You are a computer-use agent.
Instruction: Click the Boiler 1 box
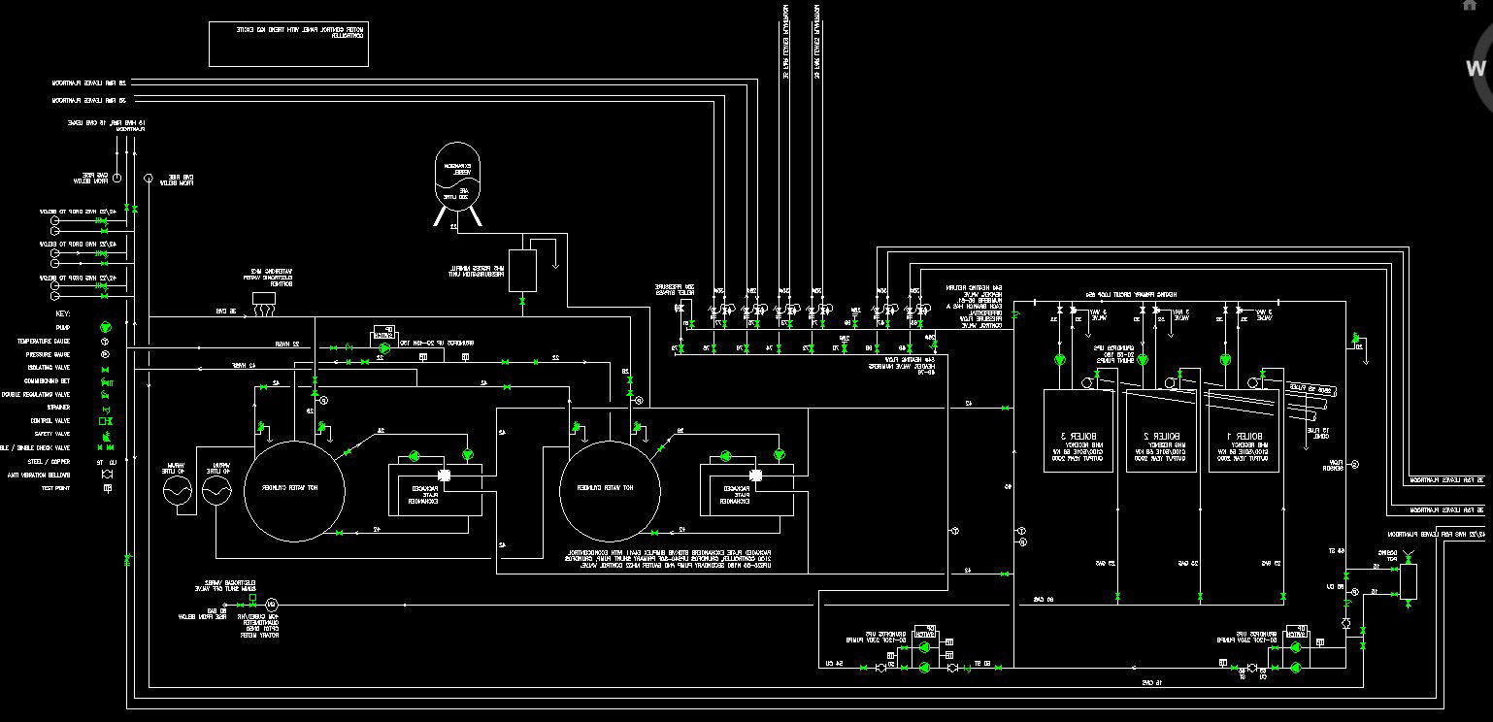click(x=1244, y=431)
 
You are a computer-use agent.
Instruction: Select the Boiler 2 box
click(x=1161, y=431)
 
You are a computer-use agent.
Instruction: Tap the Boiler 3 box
click(x=1078, y=431)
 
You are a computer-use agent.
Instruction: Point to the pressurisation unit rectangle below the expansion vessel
click(x=523, y=271)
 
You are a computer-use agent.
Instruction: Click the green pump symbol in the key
click(x=105, y=329)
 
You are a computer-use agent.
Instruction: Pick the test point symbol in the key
click(x=105, y=488)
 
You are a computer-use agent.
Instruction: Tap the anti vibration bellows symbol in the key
click(x=105, y=476)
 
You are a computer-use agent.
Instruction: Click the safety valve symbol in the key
click(x=105, y=435)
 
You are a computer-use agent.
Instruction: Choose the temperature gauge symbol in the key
click(x=105, y=343)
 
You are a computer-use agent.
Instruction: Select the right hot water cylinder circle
click(x=607, y=488)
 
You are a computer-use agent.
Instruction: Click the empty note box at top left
click(x=288, y=44)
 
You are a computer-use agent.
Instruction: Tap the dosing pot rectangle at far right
click(x=1408, y=580)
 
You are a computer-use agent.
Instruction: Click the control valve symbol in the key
click(x=105, y=421)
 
